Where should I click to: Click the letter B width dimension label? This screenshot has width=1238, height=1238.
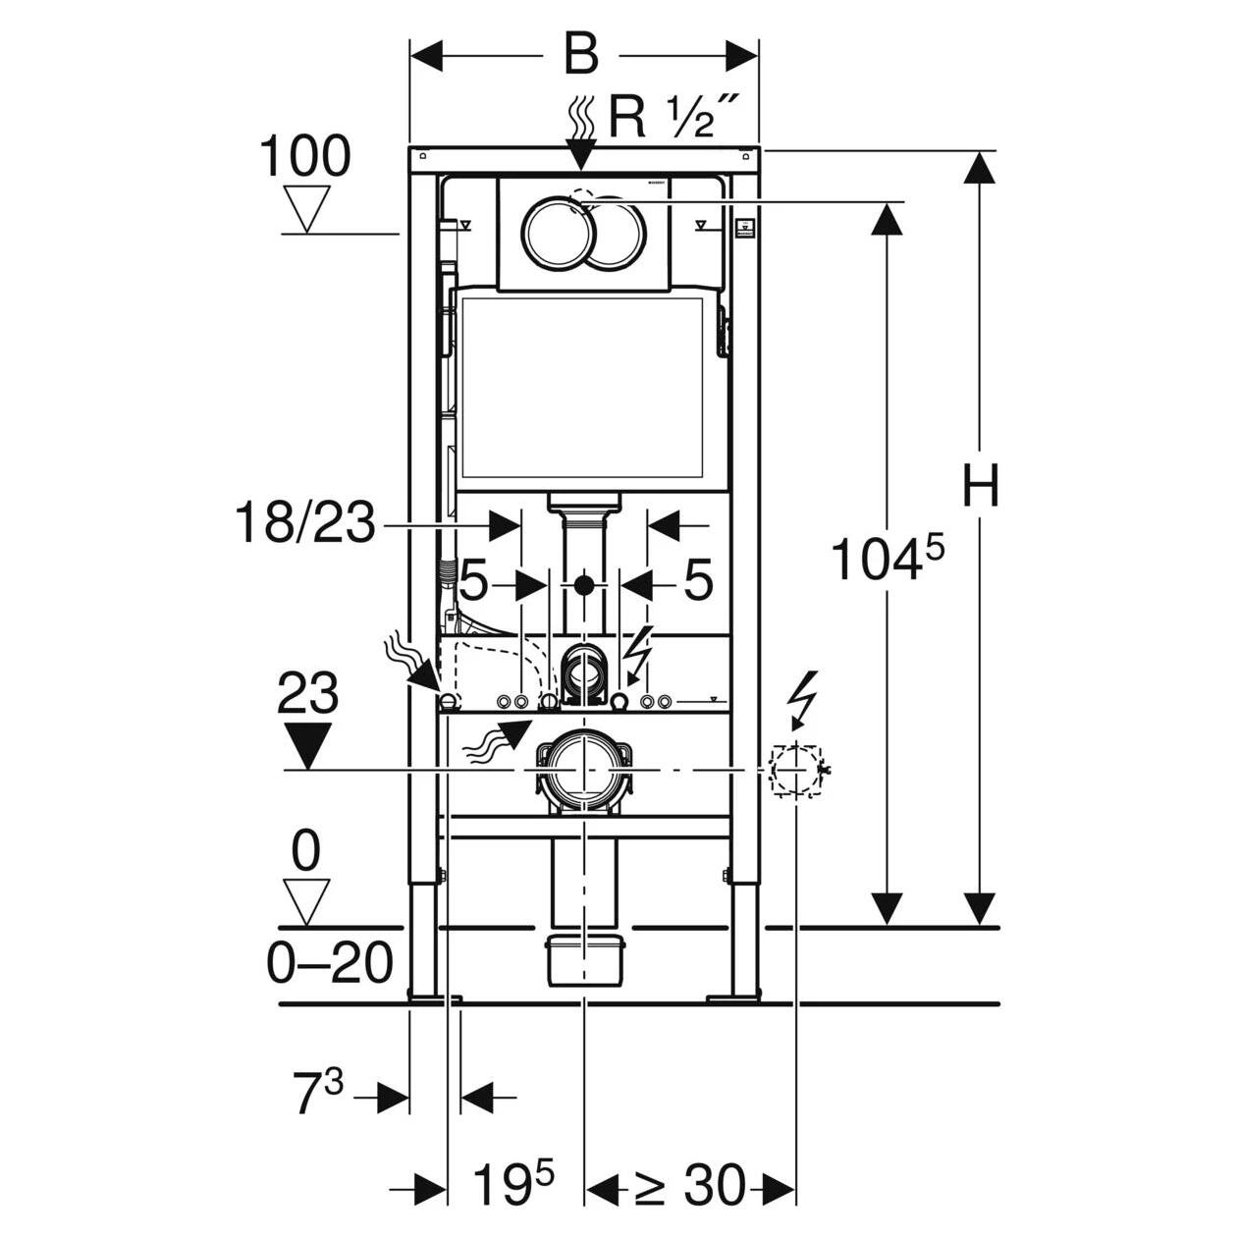(x=581, y=55)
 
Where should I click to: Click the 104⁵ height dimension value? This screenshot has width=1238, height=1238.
(x=888, y=558)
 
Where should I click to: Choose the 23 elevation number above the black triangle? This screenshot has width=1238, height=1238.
(x=307, y=692)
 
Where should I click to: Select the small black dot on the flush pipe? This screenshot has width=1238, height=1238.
(x=583, y=585)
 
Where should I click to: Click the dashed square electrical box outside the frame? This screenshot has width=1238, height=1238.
(x=796, y=771)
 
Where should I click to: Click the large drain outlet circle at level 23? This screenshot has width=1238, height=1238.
(x=583, y=770)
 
